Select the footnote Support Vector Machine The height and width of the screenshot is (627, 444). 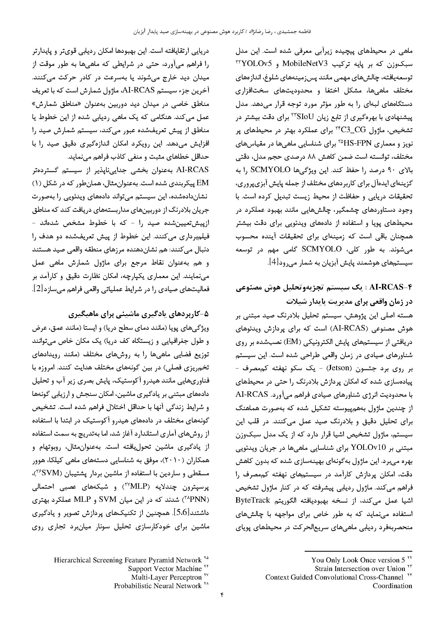[165, 569]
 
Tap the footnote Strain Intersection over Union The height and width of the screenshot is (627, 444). [360, 569]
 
